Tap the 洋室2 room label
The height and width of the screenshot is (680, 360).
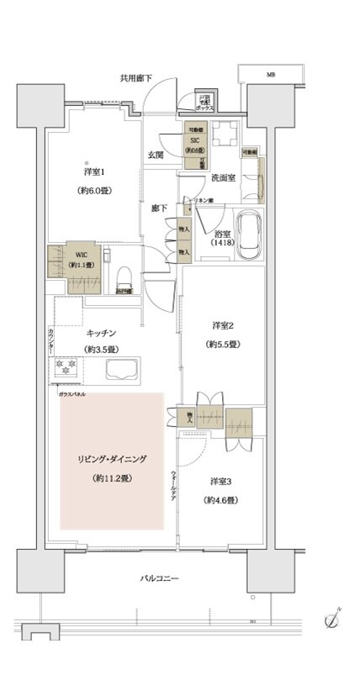pos(223,326)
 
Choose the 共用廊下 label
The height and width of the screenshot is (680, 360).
pos(135,78)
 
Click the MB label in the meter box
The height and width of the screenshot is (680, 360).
pos(272,75)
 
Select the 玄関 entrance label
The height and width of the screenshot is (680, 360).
pos(156,155)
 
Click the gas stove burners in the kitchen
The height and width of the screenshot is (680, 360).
pos(67,368)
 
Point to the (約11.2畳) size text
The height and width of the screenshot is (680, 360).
pos(113,478)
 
